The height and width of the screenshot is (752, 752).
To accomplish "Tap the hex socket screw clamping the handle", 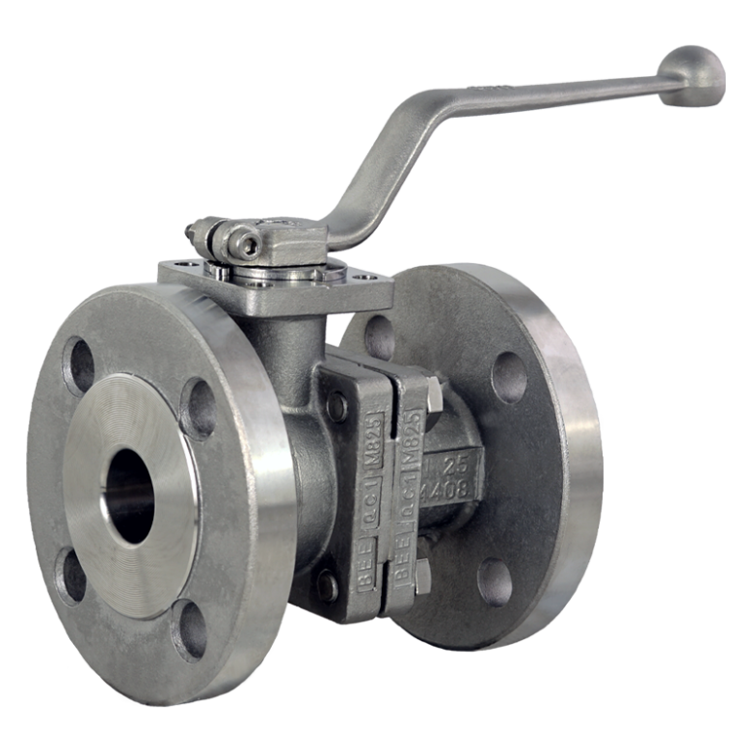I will pyautogui.click(x=249, y=244).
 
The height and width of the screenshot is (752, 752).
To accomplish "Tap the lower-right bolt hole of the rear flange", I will pyautogui.click(x=497, y=580).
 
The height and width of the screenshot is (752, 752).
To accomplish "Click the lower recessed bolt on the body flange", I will pyautogui.click(x=328, y=583).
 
